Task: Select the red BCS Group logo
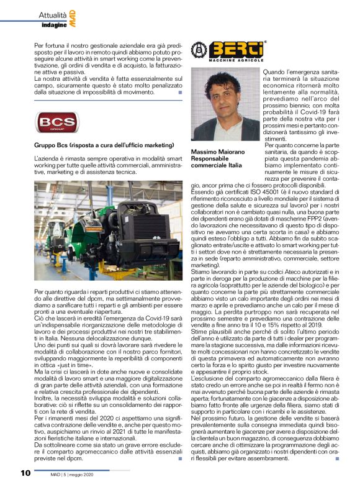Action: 56,124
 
